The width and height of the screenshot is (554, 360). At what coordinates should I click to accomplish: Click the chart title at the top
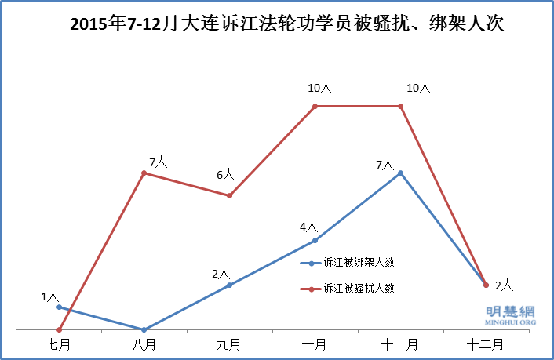(x=286, y=24)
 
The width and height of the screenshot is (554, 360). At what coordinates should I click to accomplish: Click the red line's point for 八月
(x=144, y=173)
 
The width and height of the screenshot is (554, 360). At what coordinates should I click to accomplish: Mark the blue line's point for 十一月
(x=401, y=173)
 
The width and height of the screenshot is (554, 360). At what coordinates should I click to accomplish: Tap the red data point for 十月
(x=315, y=107)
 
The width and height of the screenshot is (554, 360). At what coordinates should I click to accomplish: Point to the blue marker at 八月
(x=144, y=329)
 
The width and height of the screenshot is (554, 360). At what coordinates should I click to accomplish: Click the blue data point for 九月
(x=229, y=285)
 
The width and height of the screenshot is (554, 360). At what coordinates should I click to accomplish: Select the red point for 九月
(x=229, y=195)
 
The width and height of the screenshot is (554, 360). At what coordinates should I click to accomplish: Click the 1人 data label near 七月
(x=49, y=296)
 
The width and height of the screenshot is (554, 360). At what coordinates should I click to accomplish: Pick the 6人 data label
(x=224, y=176)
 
